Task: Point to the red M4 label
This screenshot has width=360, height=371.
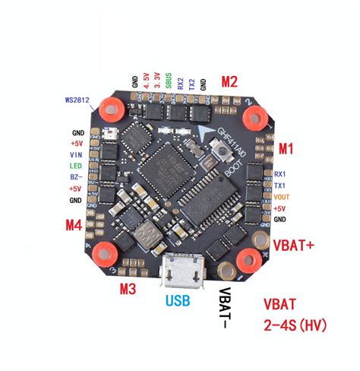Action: click(74, 225)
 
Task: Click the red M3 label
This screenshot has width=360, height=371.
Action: click(128, 288)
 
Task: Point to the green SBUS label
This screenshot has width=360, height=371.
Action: click(168, 81)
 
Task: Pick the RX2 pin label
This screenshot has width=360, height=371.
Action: click(179, 83)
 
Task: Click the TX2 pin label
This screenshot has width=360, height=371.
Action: click(191, 83)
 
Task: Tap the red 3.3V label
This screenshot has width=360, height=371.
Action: click(156, 81)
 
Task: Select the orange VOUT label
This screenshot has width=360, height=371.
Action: click(280, 196)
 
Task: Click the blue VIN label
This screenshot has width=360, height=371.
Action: click(76, 153)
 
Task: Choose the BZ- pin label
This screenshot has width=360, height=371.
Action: click(75, 176)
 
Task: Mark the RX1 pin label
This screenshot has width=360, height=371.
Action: click(279, 173)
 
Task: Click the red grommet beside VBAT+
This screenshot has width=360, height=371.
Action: click(250, 259)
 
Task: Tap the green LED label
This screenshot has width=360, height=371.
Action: click(75, 165)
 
